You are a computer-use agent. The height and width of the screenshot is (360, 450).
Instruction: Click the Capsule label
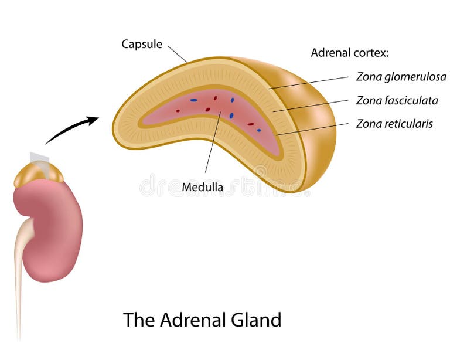coord(142,44)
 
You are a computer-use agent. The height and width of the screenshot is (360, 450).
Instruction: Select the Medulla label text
coord(202,188)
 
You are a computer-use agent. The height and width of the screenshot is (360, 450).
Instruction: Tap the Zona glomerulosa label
coord(401,77)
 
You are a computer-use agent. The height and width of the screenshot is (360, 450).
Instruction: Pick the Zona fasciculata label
coord(397,100)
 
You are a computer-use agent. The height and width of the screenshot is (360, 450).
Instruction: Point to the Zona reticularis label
coord(394,124)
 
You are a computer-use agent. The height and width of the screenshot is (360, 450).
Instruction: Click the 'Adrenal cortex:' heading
coord(350,53)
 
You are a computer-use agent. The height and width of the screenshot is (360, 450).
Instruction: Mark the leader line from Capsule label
coord(178,54)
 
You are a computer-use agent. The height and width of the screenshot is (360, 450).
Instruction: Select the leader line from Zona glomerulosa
coord(311,83)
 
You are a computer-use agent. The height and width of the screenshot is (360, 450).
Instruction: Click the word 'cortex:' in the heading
coord(373,53)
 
